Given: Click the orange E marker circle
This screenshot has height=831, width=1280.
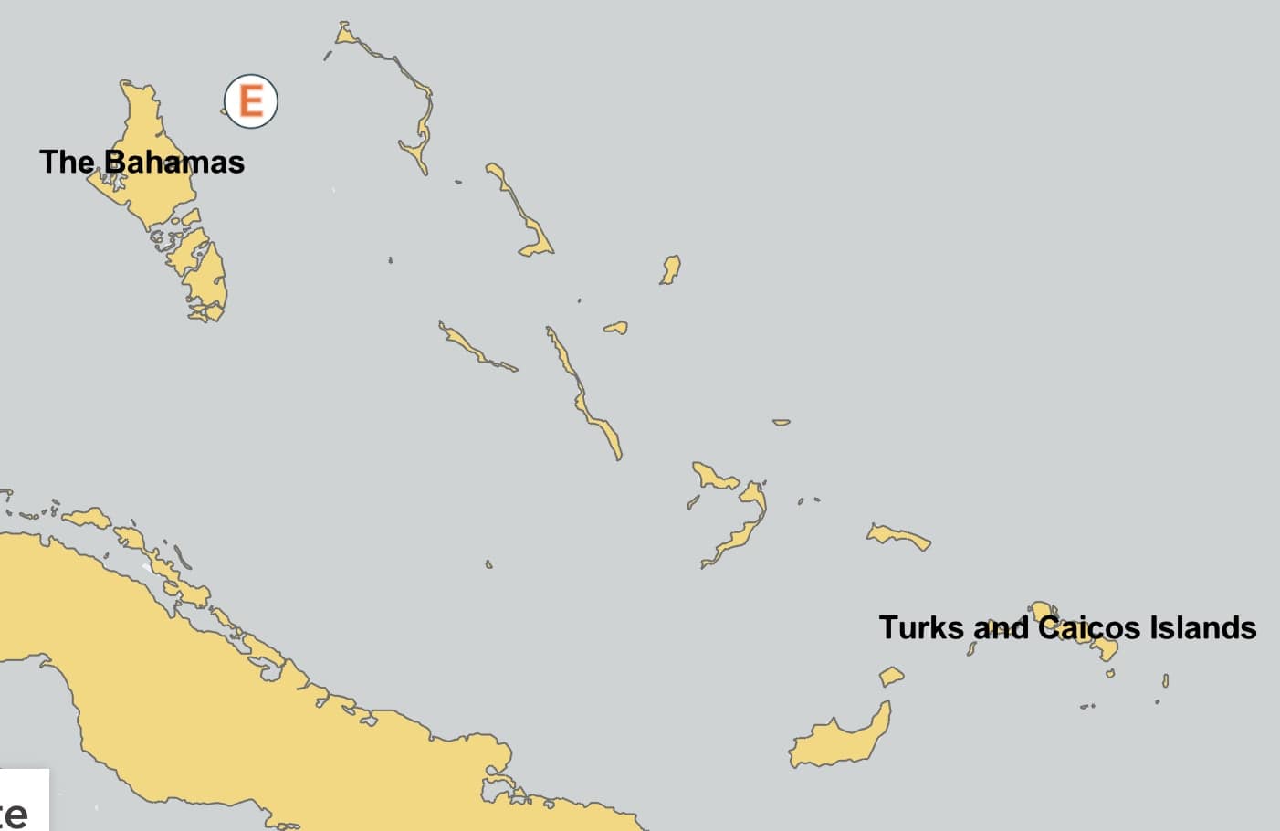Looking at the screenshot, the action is [x=251, y=100].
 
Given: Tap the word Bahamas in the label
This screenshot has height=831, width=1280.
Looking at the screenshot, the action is [x=173, y=163].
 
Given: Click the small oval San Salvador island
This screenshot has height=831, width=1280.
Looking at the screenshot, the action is [x=671, y=269].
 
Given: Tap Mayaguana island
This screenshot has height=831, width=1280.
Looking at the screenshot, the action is [x=899, y=536].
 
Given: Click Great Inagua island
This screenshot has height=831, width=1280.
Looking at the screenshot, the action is [x=840, y=740].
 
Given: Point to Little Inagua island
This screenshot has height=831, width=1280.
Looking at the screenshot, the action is [x=891, y=677].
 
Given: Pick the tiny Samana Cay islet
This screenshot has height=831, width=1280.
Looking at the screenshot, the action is [x=781, y=422].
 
